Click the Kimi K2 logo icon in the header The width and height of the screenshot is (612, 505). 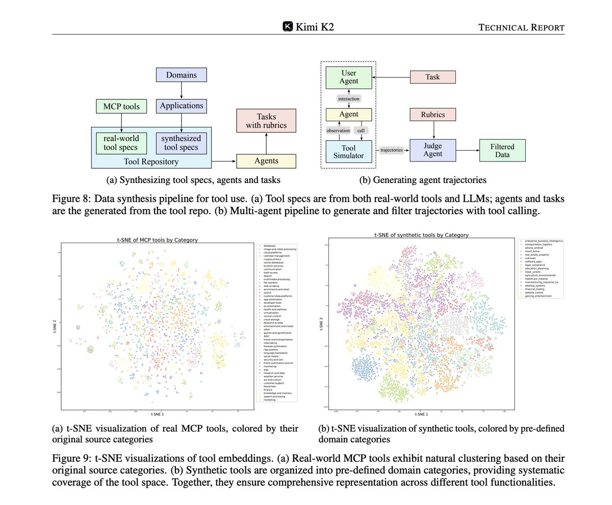[x=288, y=26]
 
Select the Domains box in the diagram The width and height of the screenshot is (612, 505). [x=182, y=75]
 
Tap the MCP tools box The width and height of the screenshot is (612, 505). [x=121, y=107]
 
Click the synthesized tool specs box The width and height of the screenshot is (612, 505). [x=181, y=143]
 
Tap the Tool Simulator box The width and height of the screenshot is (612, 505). [x=349, y=150]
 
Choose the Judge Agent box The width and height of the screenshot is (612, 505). [x=432, y=150]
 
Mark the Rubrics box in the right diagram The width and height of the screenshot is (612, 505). [x=432, y=115]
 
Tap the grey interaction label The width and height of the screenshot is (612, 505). [x=349, y=98]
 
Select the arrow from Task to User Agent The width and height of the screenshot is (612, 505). [x=391, y=77]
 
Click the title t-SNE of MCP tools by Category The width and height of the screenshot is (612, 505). [x=157, y=239]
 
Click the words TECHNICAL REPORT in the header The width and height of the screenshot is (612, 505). [x=521, y=27]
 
